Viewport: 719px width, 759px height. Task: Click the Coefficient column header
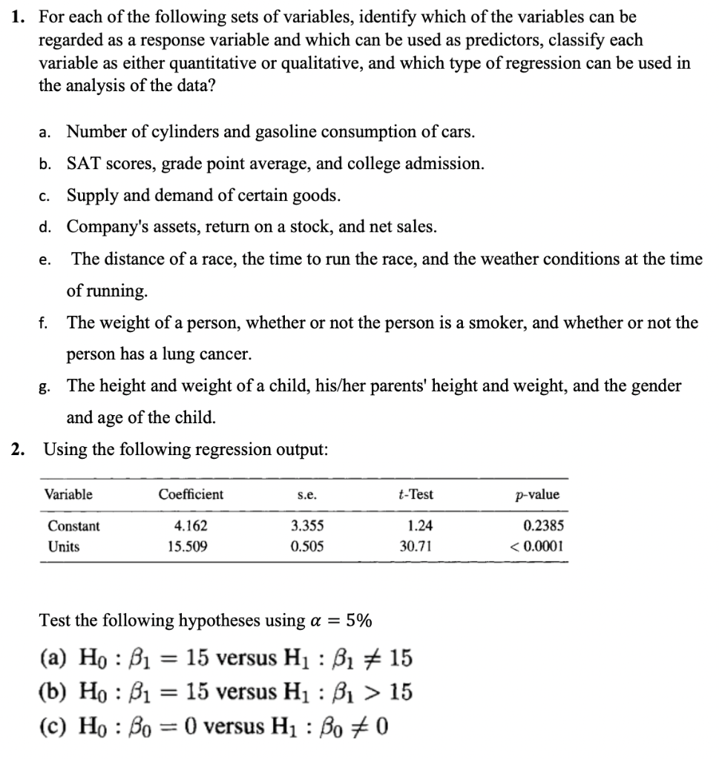[191, 494]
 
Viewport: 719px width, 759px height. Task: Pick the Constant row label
[73, 526]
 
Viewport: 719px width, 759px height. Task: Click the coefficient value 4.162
[191, 526]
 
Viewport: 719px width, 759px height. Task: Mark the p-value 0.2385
[542, 526]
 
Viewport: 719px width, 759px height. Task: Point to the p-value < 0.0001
[536, 547]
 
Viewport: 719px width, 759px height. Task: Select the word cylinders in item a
[185, 132]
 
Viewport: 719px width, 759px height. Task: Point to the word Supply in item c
[90, 195]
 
